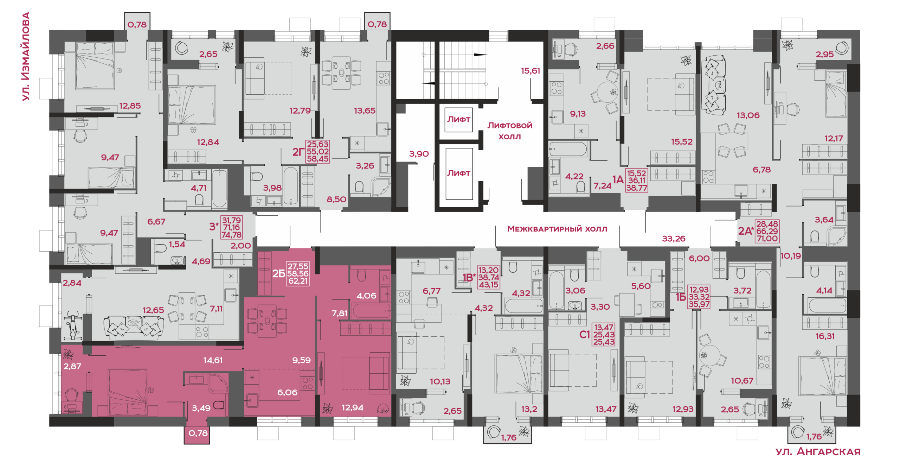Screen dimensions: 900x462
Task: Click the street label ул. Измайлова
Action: (x=26, y=57)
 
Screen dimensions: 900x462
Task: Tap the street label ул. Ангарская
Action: (x=818, y=451)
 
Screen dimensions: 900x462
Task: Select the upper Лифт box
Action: (x=458, y=120)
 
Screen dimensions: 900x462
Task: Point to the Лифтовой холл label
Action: (x=510, y=131)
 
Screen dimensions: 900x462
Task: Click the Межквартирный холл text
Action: (x=557, y=229)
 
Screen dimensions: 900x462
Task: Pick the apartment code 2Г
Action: (x=298, y=152)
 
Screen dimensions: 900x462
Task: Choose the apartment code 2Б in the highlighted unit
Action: (x=279, y=273)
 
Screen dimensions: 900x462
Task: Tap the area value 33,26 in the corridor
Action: (x=674, y=239)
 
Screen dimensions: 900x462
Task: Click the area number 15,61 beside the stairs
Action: (x=531, y=71)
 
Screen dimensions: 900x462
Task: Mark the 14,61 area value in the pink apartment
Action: (x=213, y=360)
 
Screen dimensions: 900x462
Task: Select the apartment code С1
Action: (x=585, y=335)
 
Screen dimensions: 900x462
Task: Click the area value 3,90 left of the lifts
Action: (x=419, y=154)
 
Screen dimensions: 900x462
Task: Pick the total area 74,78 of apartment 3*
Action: (x=231, y=235)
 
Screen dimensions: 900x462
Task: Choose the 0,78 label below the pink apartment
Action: (x=198, y=433)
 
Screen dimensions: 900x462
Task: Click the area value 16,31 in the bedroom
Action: (x=825, y=336)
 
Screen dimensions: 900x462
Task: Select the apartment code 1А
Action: (x=618, y=180)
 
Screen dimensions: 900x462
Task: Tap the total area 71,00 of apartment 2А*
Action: (x=767, y=239)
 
